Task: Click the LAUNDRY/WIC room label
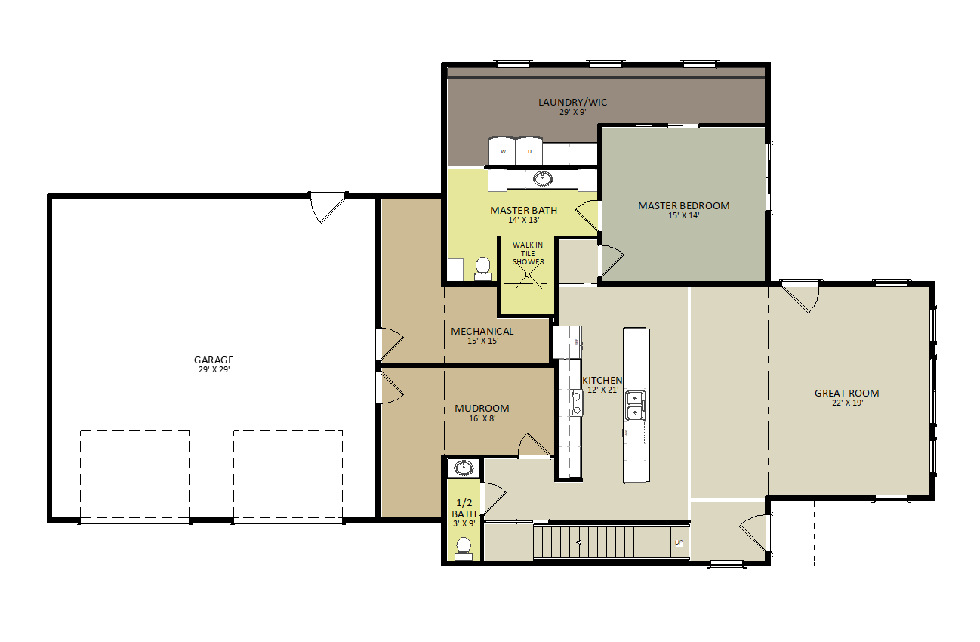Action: tap(572, 103)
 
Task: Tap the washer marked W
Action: tap(502, 151)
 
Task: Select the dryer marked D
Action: tap(529, 151)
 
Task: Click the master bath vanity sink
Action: tap(541, 179)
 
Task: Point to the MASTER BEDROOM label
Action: tap(683, 205)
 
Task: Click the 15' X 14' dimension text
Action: tap(683, 215)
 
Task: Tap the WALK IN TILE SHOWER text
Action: tap(528, 253)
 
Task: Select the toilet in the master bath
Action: tap(482, 268)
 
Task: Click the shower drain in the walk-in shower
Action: tap(528, 275)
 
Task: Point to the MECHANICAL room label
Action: tap(482, 331)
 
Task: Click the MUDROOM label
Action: tap(482, 408)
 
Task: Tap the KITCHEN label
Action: tap(602, 380)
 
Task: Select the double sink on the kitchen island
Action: tap(635, 405)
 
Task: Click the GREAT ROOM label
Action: tap(846, 393)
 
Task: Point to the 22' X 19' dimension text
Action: tap(846, 403)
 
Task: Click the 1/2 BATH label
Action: tap(464, 508)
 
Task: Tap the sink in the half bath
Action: tap(464, 468)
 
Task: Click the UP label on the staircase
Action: tap(679, 542)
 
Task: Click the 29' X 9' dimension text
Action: tap(572, 112)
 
